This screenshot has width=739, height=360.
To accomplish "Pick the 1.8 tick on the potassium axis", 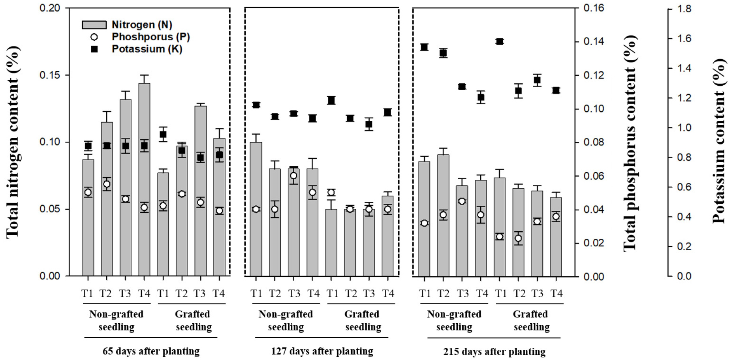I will click(684, 9).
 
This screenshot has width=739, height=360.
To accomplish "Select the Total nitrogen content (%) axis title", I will click(13, 142).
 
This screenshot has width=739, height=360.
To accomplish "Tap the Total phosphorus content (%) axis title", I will click(630, 143).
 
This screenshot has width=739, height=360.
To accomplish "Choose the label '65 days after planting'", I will click(151, 351).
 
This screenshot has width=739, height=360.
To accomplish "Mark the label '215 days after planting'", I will click(494, 351).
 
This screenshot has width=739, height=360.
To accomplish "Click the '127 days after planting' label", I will click(322, 351).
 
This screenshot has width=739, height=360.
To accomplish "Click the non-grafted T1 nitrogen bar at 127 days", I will click(256, 209).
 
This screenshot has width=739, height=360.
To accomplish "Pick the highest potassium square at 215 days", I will click(500, 41).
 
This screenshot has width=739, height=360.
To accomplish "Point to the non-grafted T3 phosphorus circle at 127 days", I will click(293, 176).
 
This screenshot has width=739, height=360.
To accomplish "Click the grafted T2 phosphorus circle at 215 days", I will click(518, 238).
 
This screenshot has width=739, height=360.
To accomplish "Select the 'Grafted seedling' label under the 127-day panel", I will click(362, 321).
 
